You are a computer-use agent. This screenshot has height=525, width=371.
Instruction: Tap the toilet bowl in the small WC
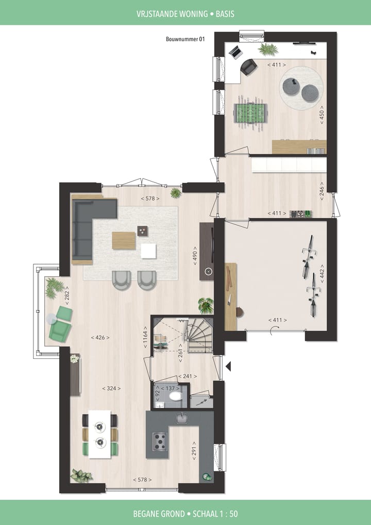click(x=175, y=396)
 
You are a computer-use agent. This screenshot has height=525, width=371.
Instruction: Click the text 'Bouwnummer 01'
click(x=185, y=39)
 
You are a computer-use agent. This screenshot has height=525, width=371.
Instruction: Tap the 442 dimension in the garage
click(x=322, y=274)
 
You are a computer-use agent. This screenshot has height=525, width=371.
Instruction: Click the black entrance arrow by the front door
click(x=228, y=367)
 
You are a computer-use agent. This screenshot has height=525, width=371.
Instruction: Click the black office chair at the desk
click(x=248, y=67)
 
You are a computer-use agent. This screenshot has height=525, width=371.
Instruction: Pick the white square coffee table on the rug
click(x=148, y=250)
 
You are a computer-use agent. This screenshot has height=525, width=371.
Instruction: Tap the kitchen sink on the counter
click(x=182, y=418)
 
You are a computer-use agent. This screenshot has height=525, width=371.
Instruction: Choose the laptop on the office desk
click(x=235, y=52)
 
